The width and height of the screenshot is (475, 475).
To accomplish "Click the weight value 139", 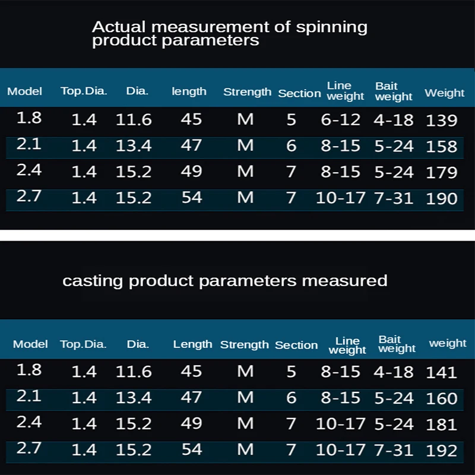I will click(442, 120).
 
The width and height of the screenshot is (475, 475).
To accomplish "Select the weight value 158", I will click(442, 146).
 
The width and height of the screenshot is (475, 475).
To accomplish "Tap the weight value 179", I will click(442, 172).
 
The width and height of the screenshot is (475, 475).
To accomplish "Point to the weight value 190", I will click(442, 198).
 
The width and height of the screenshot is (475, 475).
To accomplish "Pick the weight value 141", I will click(442, 372).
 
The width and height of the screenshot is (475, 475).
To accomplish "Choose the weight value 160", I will click(442, 398).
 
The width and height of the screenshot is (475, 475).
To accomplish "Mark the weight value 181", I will click(442, 425).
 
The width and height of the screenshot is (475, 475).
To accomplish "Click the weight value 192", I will click(442, 450).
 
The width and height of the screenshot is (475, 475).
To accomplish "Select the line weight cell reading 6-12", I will click(341, 119).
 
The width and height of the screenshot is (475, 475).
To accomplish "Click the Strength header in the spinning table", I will click(247, 92).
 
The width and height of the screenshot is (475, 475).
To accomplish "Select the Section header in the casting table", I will click(296, 345).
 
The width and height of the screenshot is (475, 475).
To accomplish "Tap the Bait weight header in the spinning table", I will click(393, 91).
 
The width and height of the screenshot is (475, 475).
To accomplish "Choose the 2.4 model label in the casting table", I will click(29, 423).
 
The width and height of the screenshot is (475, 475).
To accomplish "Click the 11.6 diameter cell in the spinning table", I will click(134, 120).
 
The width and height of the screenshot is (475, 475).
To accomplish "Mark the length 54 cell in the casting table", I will click(191, 449).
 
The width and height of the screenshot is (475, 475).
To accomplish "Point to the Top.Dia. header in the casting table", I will click(83, 344).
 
